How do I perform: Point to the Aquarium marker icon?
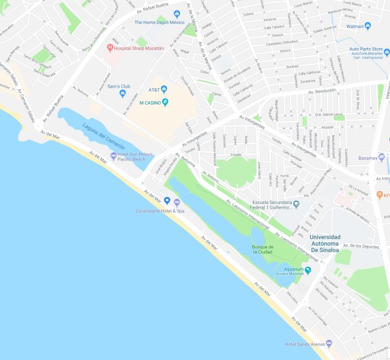[x=309, y=270]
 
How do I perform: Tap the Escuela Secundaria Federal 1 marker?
[x=296, y=204]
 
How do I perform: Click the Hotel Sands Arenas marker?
[x=329, y=343]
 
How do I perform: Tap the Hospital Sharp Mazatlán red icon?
[x=110, y=48]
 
